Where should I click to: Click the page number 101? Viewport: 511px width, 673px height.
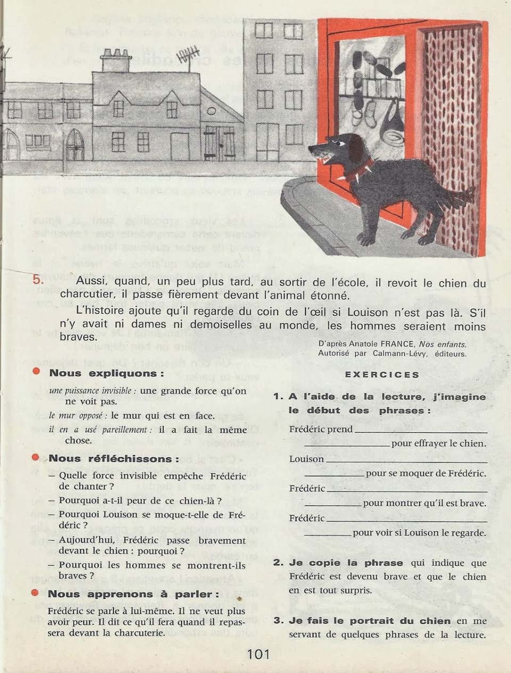258,654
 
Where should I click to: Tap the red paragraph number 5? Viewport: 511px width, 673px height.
37,280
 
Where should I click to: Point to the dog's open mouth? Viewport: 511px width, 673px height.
326,155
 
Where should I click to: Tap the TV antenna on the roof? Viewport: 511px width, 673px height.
188,56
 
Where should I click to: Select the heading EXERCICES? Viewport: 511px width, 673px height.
382,375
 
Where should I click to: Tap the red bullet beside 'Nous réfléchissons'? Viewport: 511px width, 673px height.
36,458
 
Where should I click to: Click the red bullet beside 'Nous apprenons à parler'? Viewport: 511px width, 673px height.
36,593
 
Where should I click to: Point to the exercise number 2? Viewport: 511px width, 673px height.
278,563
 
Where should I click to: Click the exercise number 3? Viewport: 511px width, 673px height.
278,620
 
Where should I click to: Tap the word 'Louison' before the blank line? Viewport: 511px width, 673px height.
306,459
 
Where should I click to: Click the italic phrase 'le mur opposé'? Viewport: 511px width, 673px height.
78,416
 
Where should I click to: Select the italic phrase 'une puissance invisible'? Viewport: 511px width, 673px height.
90,391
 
